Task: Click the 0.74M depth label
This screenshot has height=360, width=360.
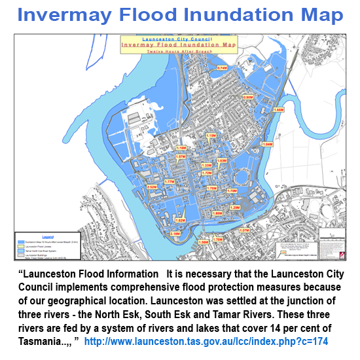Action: [x=222, y=68]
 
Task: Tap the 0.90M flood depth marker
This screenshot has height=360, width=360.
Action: [x=247, y=97]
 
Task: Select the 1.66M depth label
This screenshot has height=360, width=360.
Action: [x=278, y=110]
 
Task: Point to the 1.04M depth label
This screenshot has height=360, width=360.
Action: [x=267, y=144]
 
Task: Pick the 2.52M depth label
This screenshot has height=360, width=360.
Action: [x=152, y=187]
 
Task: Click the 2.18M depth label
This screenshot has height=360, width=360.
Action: [x=175, y=234]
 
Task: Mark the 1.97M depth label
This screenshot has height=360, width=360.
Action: [x=181, y=157]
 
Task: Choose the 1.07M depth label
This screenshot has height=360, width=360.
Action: [x=244, y=230]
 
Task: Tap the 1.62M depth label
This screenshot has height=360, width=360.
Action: [x=180, y=221]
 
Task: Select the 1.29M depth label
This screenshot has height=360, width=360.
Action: [x=235, y=207]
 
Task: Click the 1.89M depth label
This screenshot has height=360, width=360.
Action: [x=218, y=213]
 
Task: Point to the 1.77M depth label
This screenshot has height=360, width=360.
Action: [x=170, y=181]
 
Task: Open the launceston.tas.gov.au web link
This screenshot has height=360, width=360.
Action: [x=206, y=342]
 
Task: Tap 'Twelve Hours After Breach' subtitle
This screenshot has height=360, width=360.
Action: [x=173, y=51]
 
